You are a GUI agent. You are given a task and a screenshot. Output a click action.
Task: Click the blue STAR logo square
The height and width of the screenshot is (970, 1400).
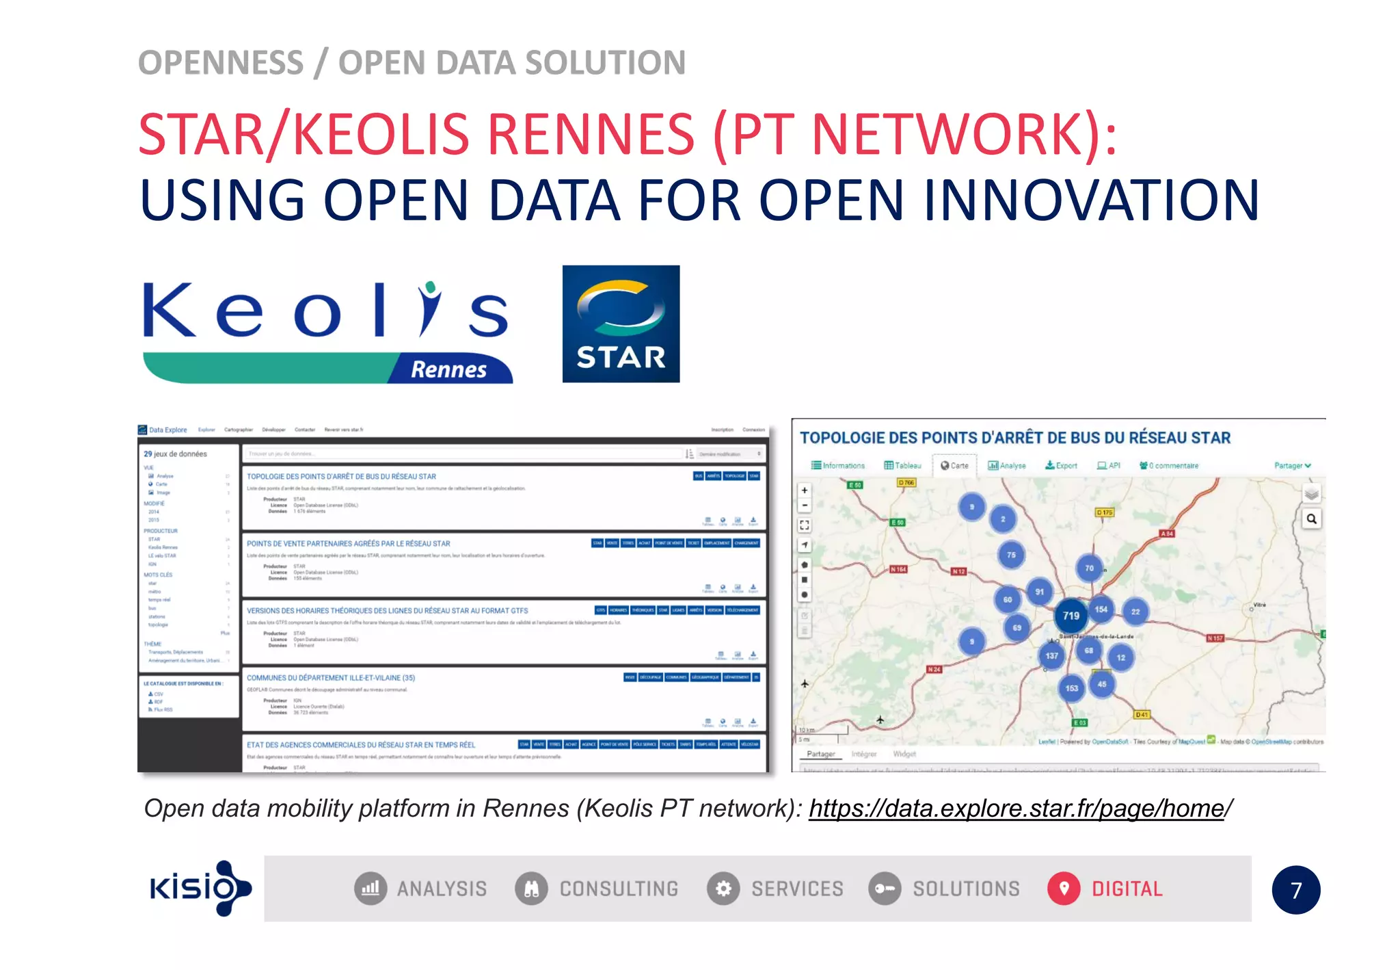621,324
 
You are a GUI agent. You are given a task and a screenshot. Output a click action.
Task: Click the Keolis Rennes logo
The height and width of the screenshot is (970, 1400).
327,332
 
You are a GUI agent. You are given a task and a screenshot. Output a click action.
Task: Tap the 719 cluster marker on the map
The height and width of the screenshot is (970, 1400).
1071,616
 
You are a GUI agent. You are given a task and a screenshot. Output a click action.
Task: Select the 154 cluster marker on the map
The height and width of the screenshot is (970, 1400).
1101,609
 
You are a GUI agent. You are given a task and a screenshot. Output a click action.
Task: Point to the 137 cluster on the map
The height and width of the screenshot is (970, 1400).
1051,655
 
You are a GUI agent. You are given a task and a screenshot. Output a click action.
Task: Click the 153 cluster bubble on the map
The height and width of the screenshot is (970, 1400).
1071,687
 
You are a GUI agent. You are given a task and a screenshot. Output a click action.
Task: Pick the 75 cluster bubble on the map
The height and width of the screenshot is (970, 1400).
1011,555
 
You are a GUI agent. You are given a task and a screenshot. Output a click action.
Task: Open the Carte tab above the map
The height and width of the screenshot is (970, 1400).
955,466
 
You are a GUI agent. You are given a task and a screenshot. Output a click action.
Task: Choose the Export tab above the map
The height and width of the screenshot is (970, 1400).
1061,466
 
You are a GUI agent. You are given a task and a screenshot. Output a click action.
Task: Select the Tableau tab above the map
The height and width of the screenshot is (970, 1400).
902,466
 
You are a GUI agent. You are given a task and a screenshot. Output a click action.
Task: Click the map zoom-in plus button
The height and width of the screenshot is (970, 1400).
805,490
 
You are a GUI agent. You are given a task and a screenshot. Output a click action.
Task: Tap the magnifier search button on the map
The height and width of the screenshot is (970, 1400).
1311,519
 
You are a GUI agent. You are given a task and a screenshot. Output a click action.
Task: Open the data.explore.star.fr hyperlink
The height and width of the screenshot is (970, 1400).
1017,809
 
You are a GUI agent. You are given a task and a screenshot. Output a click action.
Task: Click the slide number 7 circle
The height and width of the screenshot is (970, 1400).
1295,890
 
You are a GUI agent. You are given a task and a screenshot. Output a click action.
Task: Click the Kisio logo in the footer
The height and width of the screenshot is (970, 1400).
200,888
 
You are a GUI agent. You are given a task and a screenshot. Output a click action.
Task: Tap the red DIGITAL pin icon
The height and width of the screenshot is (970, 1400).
1064,889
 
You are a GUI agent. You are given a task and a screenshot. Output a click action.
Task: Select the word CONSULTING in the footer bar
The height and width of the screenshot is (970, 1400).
619,889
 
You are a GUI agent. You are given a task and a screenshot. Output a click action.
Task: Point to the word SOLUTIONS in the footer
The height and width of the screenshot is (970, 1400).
966,889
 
